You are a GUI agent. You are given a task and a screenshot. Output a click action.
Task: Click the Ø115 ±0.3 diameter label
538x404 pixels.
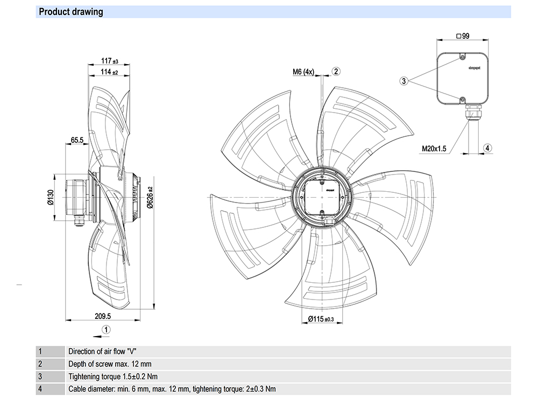pyautogui.click(x=321, y=319)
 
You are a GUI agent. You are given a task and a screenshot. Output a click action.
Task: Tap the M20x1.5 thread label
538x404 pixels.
pyautogui.click(x=434, y=149)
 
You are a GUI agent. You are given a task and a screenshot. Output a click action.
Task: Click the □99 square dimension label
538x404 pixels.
pyautogui.click(x=462, y=36)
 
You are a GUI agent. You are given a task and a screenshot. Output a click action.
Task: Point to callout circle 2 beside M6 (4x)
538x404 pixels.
pyautogui.click(x=336, y=71)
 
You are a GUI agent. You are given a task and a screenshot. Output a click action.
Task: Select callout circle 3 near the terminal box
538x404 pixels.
pyautogui.click(x=403, y=81)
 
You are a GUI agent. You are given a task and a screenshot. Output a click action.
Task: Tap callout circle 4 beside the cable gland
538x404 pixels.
pyautogui.click(x=487, y=148)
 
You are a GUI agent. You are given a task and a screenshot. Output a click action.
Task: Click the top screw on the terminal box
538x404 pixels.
pyautogui.click(x=462, y=56)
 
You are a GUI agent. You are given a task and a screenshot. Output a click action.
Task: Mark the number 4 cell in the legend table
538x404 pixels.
pyautogui.click(x=40, y=389)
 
